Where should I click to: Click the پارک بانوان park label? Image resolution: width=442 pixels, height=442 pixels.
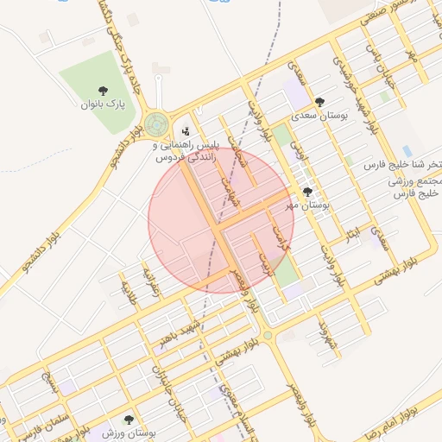pyautogui.click(x=103, y=104)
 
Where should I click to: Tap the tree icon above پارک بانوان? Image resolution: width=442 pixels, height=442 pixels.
pyautogui.click(x=104, y=90)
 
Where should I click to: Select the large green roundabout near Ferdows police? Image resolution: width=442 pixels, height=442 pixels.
pyautogui.click(x=157, y=124)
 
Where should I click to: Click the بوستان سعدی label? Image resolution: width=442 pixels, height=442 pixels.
pyautogui.click(x=319, y=114)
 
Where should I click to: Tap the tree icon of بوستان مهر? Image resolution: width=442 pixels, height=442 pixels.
pyautogui.click(x=307, y=192)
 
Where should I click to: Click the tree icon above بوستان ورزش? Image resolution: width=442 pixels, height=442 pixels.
pyautogui.click(x=129, y=420)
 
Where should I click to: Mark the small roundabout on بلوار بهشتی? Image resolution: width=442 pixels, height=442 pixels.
pyautogui.click(x=268, y=335)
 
